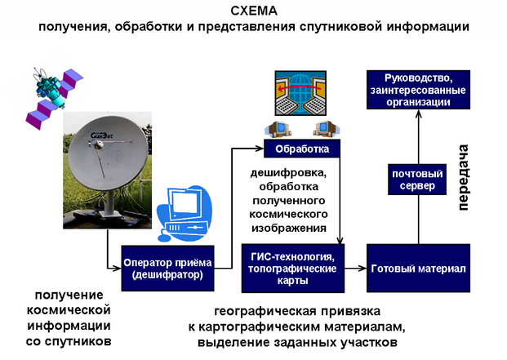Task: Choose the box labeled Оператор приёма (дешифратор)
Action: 167,269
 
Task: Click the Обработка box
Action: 301,149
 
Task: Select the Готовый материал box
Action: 418,269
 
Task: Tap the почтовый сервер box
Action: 418,180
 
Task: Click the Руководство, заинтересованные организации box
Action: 418,90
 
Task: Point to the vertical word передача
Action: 463,177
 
